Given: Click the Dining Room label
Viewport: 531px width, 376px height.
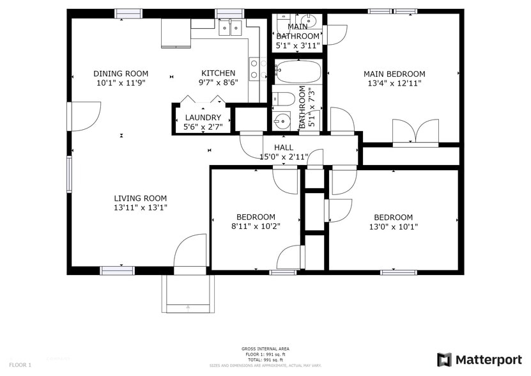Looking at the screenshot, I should (121, 74).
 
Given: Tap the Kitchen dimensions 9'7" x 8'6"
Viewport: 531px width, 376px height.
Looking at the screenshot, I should (219, 82).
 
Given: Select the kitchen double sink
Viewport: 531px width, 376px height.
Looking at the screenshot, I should (230, 27).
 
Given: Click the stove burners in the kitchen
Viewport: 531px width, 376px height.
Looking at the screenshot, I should (257, 69).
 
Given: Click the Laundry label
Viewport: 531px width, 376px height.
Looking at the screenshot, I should (203, 118).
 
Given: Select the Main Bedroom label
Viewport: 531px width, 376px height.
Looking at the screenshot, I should (394, 74).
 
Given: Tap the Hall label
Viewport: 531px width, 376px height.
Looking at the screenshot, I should (283, 148).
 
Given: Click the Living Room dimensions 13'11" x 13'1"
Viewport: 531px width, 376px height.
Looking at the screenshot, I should (141, 208).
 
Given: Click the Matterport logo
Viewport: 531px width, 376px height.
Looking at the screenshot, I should (480, 360).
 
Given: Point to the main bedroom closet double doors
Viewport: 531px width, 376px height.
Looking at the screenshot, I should (415, 132).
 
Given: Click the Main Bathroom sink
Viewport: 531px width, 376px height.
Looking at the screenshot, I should (308, 19).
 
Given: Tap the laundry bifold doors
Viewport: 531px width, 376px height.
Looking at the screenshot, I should (203, 100).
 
